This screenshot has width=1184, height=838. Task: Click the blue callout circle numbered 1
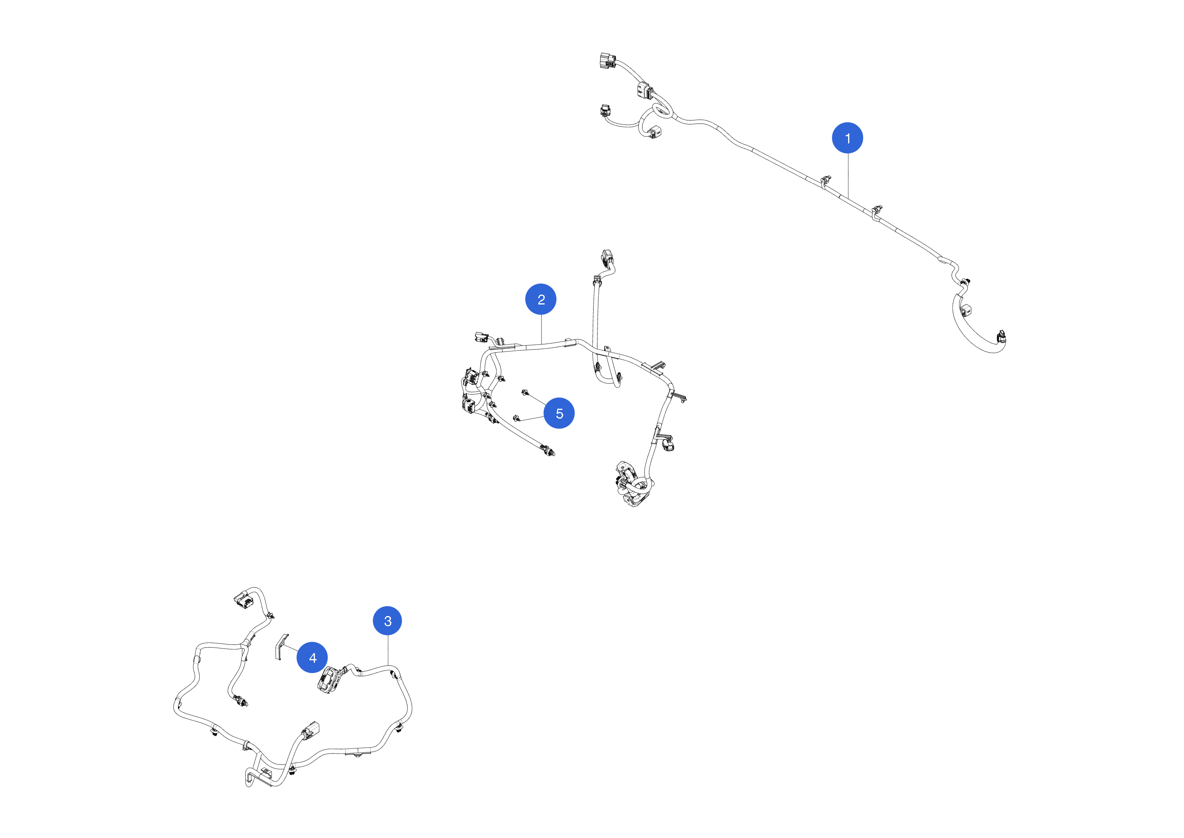[847, 138]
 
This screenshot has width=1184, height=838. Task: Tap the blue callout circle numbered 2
[541, 299]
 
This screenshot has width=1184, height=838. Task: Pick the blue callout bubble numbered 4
[312, 658]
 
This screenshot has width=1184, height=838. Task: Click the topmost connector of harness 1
[607, 60]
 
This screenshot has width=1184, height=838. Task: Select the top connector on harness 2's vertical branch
[607, 258]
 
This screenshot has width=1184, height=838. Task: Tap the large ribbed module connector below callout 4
[329, 680]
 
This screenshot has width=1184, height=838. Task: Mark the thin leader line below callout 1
[848, 175]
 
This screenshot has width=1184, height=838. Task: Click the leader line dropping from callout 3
[388, 651]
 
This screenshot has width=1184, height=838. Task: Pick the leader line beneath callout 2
[541, 329]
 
